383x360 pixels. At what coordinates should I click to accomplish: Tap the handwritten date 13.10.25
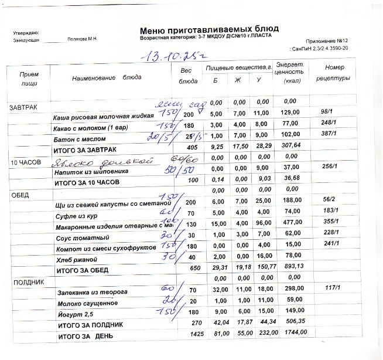coord(169,57)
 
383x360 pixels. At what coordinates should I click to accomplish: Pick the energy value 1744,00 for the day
coord(292,332)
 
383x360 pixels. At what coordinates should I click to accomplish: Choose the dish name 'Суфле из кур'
coord(77,214)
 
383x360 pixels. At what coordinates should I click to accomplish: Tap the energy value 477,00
coord(291,223)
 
